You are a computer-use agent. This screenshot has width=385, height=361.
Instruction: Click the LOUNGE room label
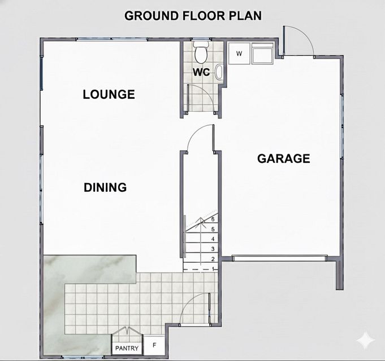point(109,95)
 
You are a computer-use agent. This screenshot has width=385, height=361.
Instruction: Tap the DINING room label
point(105,188)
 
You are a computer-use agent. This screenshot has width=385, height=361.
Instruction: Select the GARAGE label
point(284,159)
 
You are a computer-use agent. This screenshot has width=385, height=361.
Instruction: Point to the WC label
point(201,72)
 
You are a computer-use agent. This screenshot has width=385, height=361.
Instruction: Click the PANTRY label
point(127,348)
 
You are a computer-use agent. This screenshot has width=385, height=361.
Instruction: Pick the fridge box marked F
point(154,345)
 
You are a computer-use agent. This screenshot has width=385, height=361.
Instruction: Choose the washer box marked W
point(239,54)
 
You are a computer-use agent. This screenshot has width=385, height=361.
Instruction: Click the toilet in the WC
point(201,51)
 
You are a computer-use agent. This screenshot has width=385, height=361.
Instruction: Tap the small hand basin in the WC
point(219,72)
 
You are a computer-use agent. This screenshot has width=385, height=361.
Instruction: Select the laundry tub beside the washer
point(262,54)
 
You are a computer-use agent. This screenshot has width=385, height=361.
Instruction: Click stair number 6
point(213,219)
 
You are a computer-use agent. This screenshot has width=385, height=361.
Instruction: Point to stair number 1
point(213,269)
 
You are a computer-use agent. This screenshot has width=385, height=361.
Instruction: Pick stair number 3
point(213,249)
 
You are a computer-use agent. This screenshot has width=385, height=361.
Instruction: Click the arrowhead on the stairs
point(201,220)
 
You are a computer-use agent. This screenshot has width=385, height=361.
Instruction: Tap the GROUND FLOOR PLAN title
point(193,16)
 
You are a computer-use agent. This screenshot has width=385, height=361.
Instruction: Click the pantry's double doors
point(127,331)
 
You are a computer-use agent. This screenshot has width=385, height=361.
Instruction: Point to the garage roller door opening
point(280,258)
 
